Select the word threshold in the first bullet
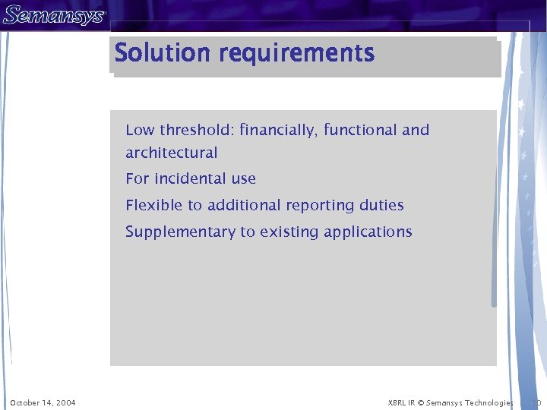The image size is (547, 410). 196,130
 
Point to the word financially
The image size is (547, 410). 279,131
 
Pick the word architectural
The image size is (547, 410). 172,153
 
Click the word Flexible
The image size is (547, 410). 153,205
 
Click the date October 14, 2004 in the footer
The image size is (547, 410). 43,402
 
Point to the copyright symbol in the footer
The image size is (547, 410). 421,402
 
